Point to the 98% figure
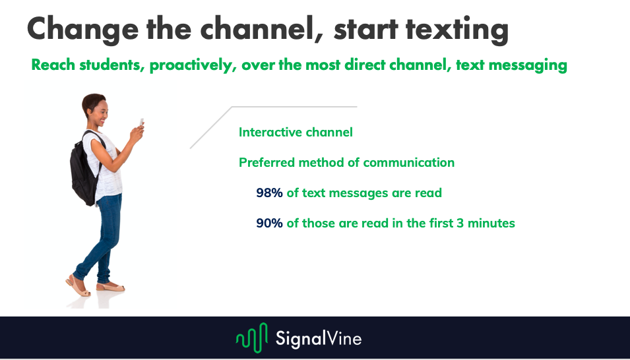269,193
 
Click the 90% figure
269,223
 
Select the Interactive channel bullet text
296,132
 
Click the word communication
408,162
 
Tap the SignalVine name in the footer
318,338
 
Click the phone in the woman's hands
141,123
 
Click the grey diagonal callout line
211,127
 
